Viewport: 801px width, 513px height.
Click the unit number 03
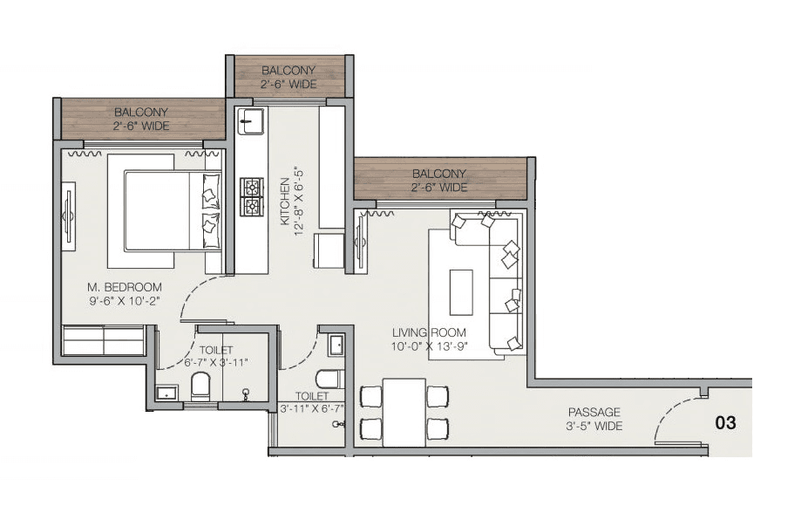pos(725,423)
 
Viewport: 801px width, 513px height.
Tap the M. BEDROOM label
pos(124,287)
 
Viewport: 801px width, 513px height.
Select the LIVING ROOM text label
pos(428,332)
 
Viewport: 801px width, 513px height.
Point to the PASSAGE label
pos(594,412)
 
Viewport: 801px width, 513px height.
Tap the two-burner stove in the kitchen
pos(252,196)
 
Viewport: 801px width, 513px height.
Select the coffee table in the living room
pos(460,292)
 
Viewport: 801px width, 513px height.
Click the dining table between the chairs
pos(404,412)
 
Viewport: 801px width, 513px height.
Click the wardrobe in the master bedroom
pos(103,339)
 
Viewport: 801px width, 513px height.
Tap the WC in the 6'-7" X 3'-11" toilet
pos(200,386)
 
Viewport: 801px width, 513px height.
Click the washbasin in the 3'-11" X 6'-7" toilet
pos(337,346)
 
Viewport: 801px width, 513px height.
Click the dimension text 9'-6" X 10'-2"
pos(124,301)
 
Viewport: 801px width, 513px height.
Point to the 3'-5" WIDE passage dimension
pos(594,426)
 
